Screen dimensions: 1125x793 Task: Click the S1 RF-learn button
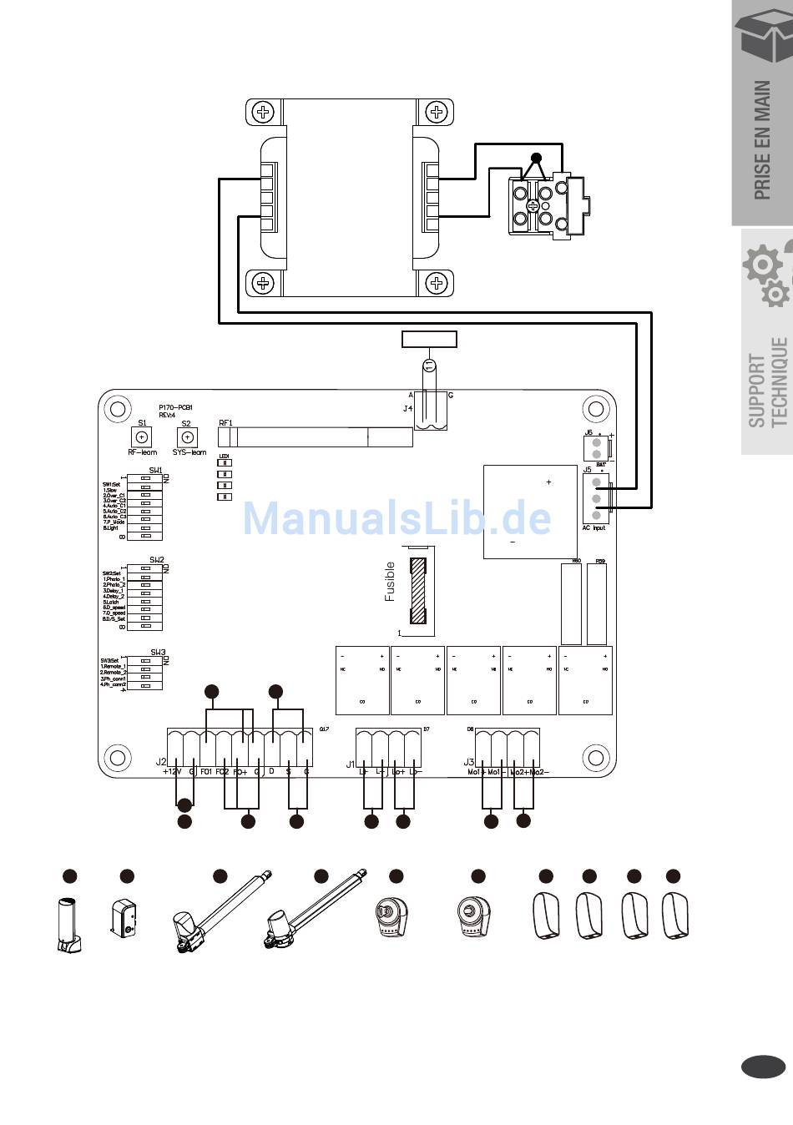142,436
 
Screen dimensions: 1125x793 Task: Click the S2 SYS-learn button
188,436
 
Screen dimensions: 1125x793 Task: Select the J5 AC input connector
596,499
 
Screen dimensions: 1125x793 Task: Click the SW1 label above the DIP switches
156,471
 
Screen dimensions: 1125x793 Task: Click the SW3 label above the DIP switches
158,653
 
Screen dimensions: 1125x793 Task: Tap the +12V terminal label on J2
172,772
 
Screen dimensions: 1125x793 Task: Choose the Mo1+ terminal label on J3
477,772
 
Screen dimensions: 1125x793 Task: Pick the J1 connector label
351,763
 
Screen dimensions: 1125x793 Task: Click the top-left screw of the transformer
264,112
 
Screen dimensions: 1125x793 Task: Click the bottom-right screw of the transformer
436,283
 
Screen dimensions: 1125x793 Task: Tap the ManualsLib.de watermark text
396,519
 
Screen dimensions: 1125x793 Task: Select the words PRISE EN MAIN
762,140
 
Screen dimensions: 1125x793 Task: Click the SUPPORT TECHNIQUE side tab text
768,382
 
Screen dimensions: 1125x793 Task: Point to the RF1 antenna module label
225,423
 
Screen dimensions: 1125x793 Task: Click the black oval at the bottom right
763,1067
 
